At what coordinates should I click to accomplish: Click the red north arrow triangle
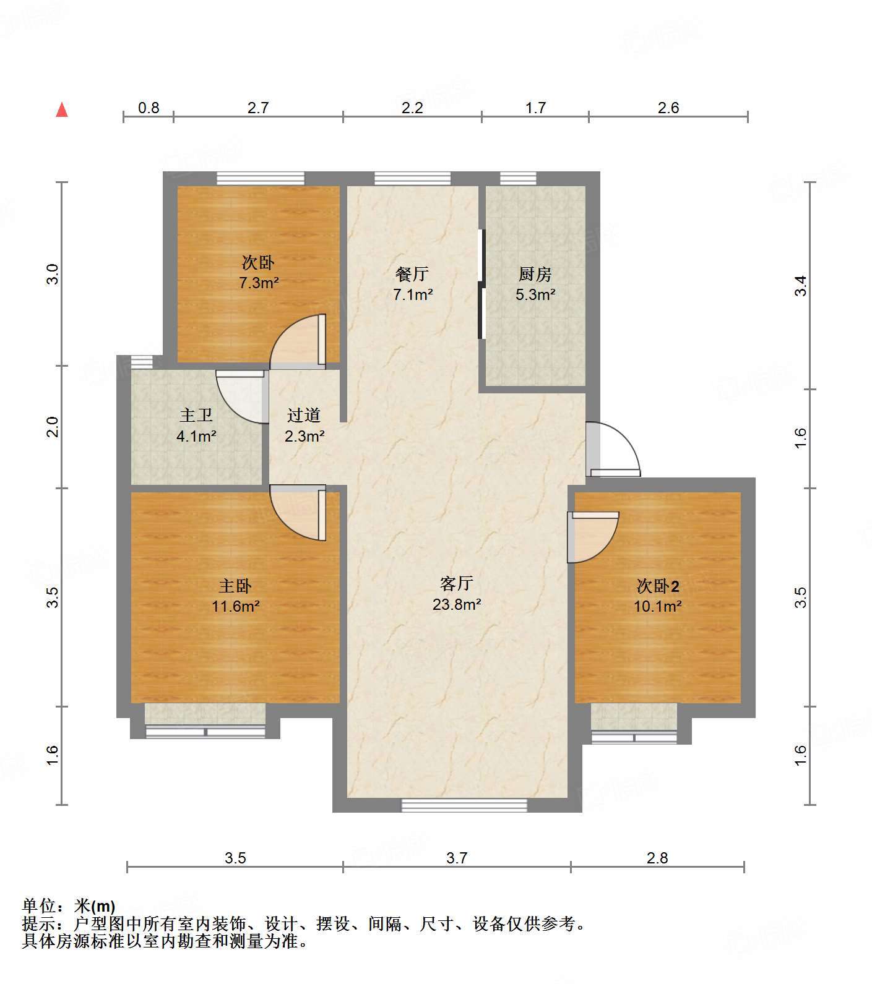click(62, 110)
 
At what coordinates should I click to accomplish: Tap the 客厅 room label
click(457, 583)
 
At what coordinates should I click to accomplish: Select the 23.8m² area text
click(457, 604)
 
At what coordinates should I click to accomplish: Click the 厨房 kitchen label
click(535, 273)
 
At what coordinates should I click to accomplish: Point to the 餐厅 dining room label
click(412, 273)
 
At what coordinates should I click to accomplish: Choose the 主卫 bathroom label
click(196, 415)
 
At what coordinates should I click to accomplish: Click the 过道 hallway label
click(304, 415)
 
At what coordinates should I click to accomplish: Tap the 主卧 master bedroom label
click(235, 585)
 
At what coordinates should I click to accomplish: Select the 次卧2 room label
click(658, 585)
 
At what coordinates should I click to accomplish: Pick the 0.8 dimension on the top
click(149, 108)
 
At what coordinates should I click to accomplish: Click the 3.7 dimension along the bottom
click(457, 858)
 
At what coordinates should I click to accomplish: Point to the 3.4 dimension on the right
click(801, 286)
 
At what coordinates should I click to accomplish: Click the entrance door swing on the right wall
click(613, 449)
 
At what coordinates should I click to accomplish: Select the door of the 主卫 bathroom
click(242, 396)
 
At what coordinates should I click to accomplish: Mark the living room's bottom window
click(464, 805)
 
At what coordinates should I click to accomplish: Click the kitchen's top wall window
click(518, 179)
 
